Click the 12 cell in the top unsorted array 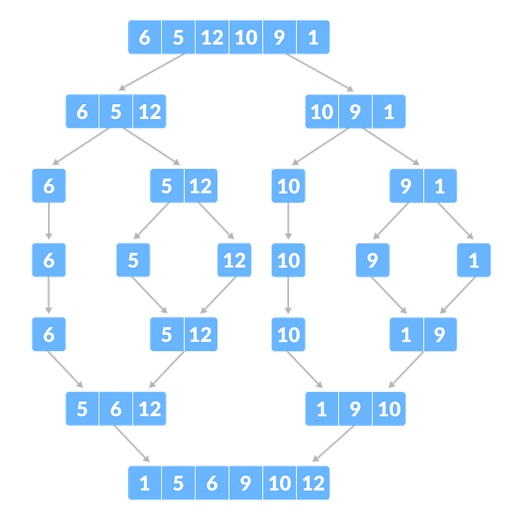pos(212,37)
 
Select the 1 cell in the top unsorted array pos(313,37)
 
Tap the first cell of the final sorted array pos(144,483)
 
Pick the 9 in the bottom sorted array pos(245,483)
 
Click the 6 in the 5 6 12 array pos(115,409)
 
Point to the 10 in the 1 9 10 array pos(388,409)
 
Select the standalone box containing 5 pos(133,261)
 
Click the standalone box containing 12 pos(234,261)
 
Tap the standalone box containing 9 pos(373,261)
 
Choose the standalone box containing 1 pos(473,261)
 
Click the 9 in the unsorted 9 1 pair pos(406,186)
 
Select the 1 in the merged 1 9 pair pos(406,335)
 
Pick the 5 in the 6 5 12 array pos(115,112)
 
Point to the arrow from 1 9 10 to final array pos(333,446)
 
